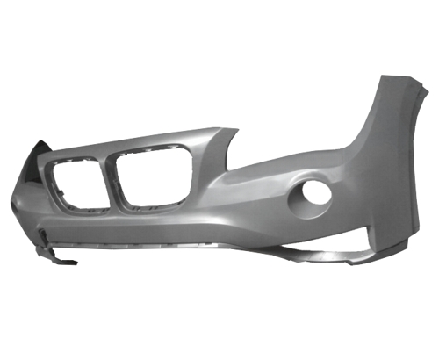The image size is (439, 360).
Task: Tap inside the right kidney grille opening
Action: [154, 176]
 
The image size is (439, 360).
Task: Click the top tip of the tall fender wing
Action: [386, 79]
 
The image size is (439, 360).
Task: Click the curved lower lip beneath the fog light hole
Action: [325, 255]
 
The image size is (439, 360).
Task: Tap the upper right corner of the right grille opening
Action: [186, 151]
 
